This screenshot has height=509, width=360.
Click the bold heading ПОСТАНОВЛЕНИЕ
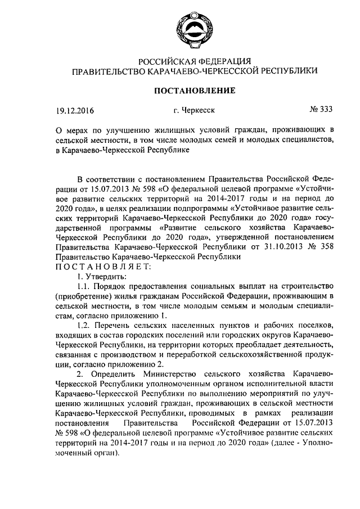click(180, 90)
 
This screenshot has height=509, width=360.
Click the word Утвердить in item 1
click(106, 276)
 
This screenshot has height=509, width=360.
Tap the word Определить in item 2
click(116, 375)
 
